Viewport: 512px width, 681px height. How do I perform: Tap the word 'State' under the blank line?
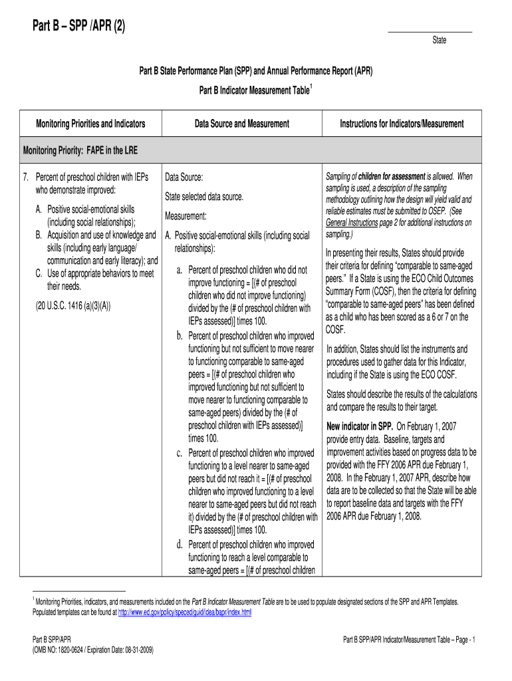440,41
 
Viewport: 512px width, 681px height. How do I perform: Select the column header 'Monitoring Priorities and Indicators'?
90,124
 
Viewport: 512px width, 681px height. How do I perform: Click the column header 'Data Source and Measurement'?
242,124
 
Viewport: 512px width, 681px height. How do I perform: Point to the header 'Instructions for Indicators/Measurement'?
402,124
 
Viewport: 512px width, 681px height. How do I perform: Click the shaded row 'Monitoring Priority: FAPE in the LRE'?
81,150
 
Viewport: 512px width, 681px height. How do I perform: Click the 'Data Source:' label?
184,178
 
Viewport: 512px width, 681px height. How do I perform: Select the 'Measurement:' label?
186,217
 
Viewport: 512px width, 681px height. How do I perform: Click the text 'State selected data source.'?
205,198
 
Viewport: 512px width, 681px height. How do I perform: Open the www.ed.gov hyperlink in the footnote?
184,612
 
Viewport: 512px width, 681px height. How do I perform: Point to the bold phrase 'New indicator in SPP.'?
360,426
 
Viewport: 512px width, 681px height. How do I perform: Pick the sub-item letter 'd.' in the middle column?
180,545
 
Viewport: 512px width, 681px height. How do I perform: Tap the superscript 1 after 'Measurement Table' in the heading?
311,86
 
